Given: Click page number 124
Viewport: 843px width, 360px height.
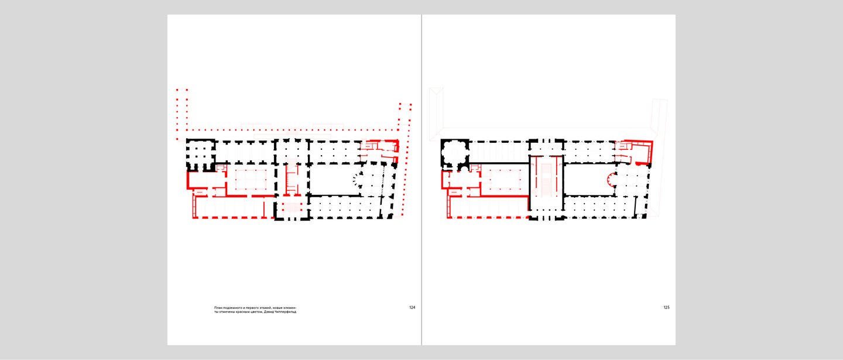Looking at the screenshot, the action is pyautogui.click(x=412, y=307).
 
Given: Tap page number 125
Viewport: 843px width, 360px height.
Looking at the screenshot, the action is pyautogui.click(x=666, y=307).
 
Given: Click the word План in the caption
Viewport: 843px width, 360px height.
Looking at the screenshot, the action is pyautogui.click(x=218, y=308).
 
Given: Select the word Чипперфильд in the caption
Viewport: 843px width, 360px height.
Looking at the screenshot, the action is pyautogui.click(x=287, y=312).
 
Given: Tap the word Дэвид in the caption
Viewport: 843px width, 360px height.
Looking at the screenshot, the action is pyautogui.click(x=270, y=311).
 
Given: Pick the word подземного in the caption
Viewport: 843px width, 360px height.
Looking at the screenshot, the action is pyautogui.click(x=231, y=308).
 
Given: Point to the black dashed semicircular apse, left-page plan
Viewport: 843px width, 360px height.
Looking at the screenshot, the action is pyautogui.click(x=355, y=180).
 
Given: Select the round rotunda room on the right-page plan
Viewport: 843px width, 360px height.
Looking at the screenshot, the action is pyautogui.click(x=455, y=153).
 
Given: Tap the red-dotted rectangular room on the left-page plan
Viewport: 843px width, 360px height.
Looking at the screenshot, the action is pyautogui.click(x=251, y=180).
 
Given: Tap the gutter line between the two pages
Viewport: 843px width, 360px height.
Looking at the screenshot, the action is pyautogui.click(x=421, y=180).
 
